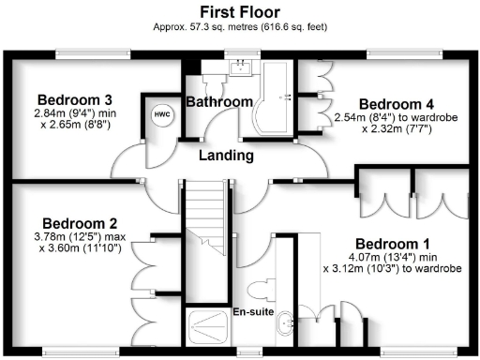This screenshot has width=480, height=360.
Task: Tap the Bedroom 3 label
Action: click(75, 100)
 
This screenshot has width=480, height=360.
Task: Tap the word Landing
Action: click(228, 155)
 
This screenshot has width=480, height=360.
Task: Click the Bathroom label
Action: click(218, 101)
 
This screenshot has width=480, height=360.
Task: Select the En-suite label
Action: click(253, 311)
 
